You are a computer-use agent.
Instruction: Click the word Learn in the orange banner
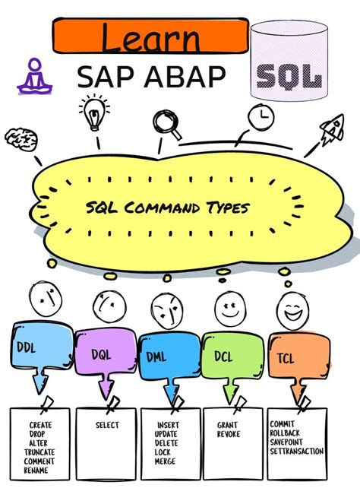[150, 36]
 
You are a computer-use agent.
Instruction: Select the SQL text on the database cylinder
[289, 76]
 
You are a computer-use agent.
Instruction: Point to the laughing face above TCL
[291, 308]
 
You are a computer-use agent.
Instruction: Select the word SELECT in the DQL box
[107, 426]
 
